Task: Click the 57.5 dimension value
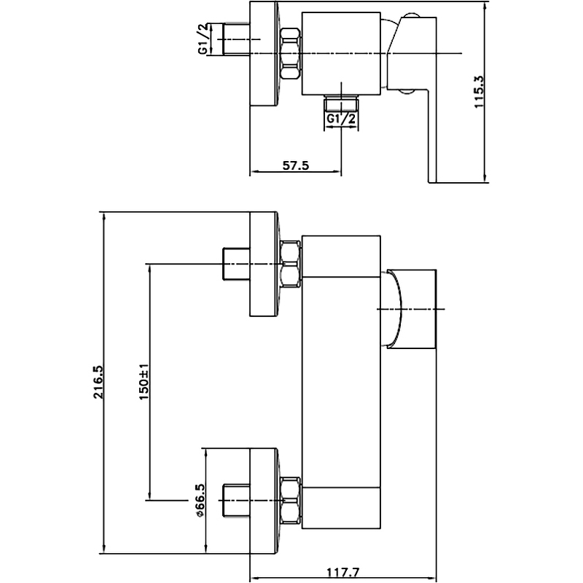pyautogui.click(x=296, y=165)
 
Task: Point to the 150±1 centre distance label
pyautogui.click(x=144, y=380)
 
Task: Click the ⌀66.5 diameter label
pyautogui.click(x=200, y=501)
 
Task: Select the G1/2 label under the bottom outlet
pyautogui.click(x=341, y=119)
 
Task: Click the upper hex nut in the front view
pyautogui.click(x=291, y=264)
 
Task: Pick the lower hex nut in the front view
pyautogui.click(x=291, y=501)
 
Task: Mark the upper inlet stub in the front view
pyautogui.click(x=235, y=264)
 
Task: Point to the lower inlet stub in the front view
pyautogui.click(x=235, y=501)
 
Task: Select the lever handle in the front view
pyautogui.click(x=412, y=310)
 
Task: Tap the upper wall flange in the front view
pyautogui.click(x=265, y=264)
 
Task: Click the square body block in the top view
pyautogui.click(x=341, y=53)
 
